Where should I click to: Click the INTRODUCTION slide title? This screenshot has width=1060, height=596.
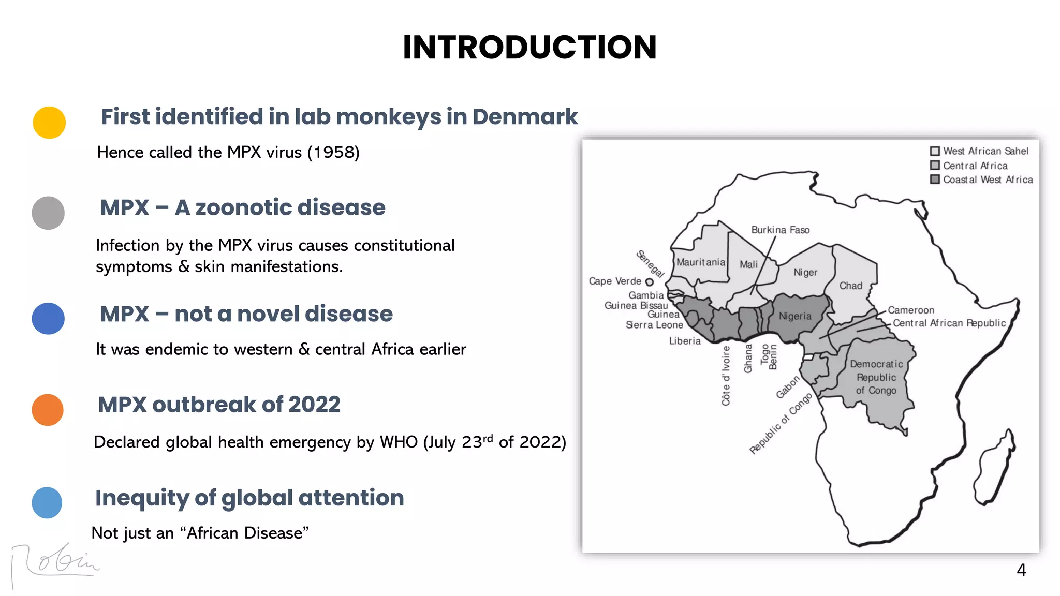click(x=529, y=47)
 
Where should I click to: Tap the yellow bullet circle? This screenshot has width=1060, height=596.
click(x=49, y=123)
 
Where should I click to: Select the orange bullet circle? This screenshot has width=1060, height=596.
click(x=48, y=410)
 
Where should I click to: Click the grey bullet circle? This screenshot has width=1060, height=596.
click(x=48, y=213)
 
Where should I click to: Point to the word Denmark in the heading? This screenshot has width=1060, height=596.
click(x=525, y=116)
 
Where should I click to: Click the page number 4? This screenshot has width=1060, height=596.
click(x=1021, y=570)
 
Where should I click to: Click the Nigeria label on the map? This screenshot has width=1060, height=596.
click(x=795, y=316)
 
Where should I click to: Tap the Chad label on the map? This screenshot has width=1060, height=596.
click(x=851, y=286)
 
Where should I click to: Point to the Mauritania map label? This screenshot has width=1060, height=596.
click(x=701, y=262)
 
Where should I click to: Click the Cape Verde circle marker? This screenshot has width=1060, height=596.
click(x=649, y=282)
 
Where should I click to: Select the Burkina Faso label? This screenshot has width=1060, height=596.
click(x=780, y=230)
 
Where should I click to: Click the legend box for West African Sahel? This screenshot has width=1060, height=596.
click(x=935, y=151)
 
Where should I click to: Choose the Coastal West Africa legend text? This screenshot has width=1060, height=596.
click(x=988, y=180)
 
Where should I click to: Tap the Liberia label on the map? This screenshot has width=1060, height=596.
click(x=685, y=341)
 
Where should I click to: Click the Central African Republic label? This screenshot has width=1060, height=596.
click(x=949, y=323)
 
